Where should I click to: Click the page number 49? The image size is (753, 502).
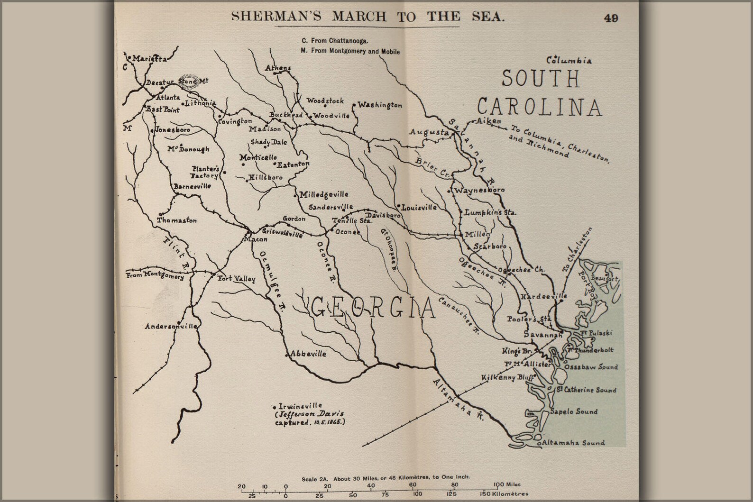611,18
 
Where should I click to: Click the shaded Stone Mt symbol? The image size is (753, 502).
188,82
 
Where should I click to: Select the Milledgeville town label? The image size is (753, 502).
323,194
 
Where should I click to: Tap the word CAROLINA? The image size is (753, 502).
539,107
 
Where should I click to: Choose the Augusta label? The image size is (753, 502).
429,133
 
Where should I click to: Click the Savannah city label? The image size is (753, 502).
542,335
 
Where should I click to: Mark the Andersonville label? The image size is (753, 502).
171,327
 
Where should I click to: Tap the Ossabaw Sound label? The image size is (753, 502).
590,367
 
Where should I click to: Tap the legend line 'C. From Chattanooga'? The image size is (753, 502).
334,41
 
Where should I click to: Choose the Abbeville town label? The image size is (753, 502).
308,354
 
